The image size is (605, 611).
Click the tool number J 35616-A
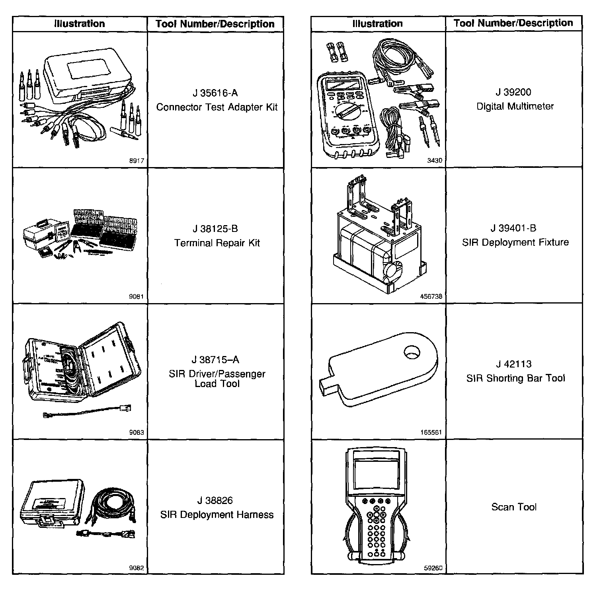(215, 93)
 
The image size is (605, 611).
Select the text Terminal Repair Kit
(217, 243)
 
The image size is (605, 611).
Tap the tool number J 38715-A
(215, 360)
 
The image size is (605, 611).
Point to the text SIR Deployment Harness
(217, 515)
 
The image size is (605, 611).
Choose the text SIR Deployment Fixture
(515, 242)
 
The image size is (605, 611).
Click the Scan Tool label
(514, 507)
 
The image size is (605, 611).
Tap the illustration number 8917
(137, 161)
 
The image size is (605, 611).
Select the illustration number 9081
(137, 297)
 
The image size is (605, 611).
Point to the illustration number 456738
(431, 296)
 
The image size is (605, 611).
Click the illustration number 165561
(431, 432)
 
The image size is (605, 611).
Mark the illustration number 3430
(435, 161)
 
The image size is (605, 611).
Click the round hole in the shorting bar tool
(412, 352)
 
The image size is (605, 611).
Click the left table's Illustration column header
(80, 24)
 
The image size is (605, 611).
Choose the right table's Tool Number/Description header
(513, 23)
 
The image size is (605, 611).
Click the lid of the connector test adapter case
(86, 74)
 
